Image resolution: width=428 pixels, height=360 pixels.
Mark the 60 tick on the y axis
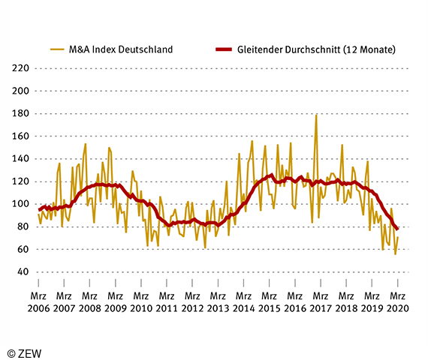tap(20, 249)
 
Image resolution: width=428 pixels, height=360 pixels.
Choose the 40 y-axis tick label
tap(20, 271)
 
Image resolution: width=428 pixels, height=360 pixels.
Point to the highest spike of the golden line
tap(316, 115)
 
